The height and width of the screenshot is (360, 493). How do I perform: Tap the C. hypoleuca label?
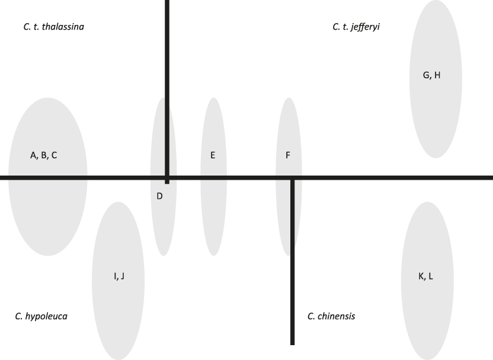pyautogui.click(x=41, y=316)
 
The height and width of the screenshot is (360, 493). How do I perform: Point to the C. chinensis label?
pyautogui.click(x=331, y=316)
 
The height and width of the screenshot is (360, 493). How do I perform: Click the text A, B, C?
pyautogui.click(x=43, y=155)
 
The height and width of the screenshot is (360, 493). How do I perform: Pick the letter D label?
pyautogui.click(x=159, y=196)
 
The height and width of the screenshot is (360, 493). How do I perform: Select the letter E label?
pyautogui.click(x=213, y=155)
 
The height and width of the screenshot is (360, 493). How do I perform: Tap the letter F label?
pyautogui.click(x=288, y=155)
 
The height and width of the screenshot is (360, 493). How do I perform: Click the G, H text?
pyautogui.click(x=431, y=75)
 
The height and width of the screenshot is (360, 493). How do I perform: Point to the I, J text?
pyautogui.click(x=119, y=276)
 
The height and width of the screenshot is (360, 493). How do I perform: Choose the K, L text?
pyautogui.click(x=425, y=276)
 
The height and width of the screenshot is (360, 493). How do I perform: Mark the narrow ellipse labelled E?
pyautogui.click(x=213, y=208)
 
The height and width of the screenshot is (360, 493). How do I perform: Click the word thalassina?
pyautogui.click(x=63, y=27)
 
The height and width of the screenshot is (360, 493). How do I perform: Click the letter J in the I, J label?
pyautogui.click(x=122, y=276)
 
